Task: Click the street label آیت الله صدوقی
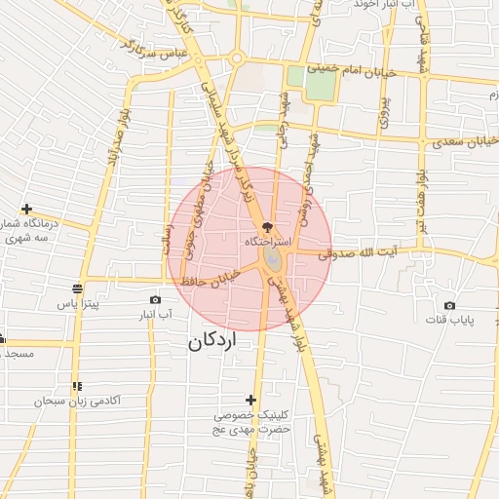coord(362,253)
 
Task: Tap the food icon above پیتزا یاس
coord(77,288)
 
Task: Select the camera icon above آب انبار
coord(155,299)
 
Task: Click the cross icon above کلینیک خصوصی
coord(251,400)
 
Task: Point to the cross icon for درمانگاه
coord(26,210)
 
